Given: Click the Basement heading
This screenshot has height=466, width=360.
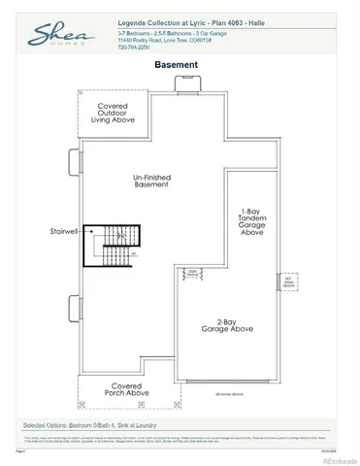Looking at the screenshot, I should coord(177,65).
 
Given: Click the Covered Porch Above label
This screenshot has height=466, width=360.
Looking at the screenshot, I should coord(128,388).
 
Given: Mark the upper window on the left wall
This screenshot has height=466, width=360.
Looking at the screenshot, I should coord(74,160).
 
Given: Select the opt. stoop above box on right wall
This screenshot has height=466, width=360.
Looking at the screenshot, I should coord(288,283).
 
